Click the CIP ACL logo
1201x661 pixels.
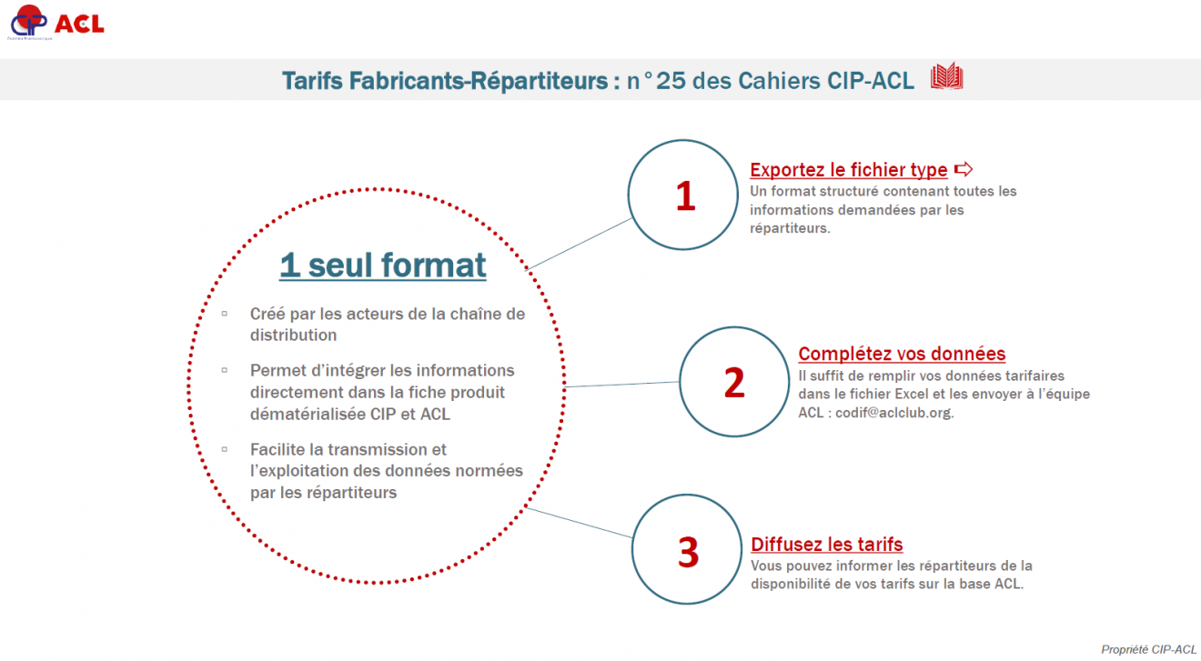(56, 23)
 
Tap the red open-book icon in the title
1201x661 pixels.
(947, 76)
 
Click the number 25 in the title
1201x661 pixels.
(671, 81)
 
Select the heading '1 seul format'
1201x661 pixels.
(383, 265)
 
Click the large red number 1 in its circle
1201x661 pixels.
(686, 196)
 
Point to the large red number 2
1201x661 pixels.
(734, 383)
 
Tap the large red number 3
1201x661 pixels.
(689, 552)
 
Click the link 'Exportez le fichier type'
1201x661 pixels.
(849, 170)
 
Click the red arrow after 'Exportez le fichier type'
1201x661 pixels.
(964, 169)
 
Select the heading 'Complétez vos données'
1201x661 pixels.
(902, 354)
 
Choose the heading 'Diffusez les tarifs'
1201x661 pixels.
(827, 545)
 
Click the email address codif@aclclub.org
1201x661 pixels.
(893, 413)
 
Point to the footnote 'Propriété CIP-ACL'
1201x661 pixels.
(1148, 649)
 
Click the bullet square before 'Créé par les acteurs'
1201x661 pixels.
(225, 314)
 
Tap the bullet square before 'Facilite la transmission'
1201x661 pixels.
(225, 449)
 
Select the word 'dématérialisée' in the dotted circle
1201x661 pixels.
(308, 414)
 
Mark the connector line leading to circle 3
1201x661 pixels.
(579, 522)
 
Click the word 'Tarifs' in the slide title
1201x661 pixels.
(312, 81)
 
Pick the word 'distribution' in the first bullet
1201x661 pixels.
(293, 336)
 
